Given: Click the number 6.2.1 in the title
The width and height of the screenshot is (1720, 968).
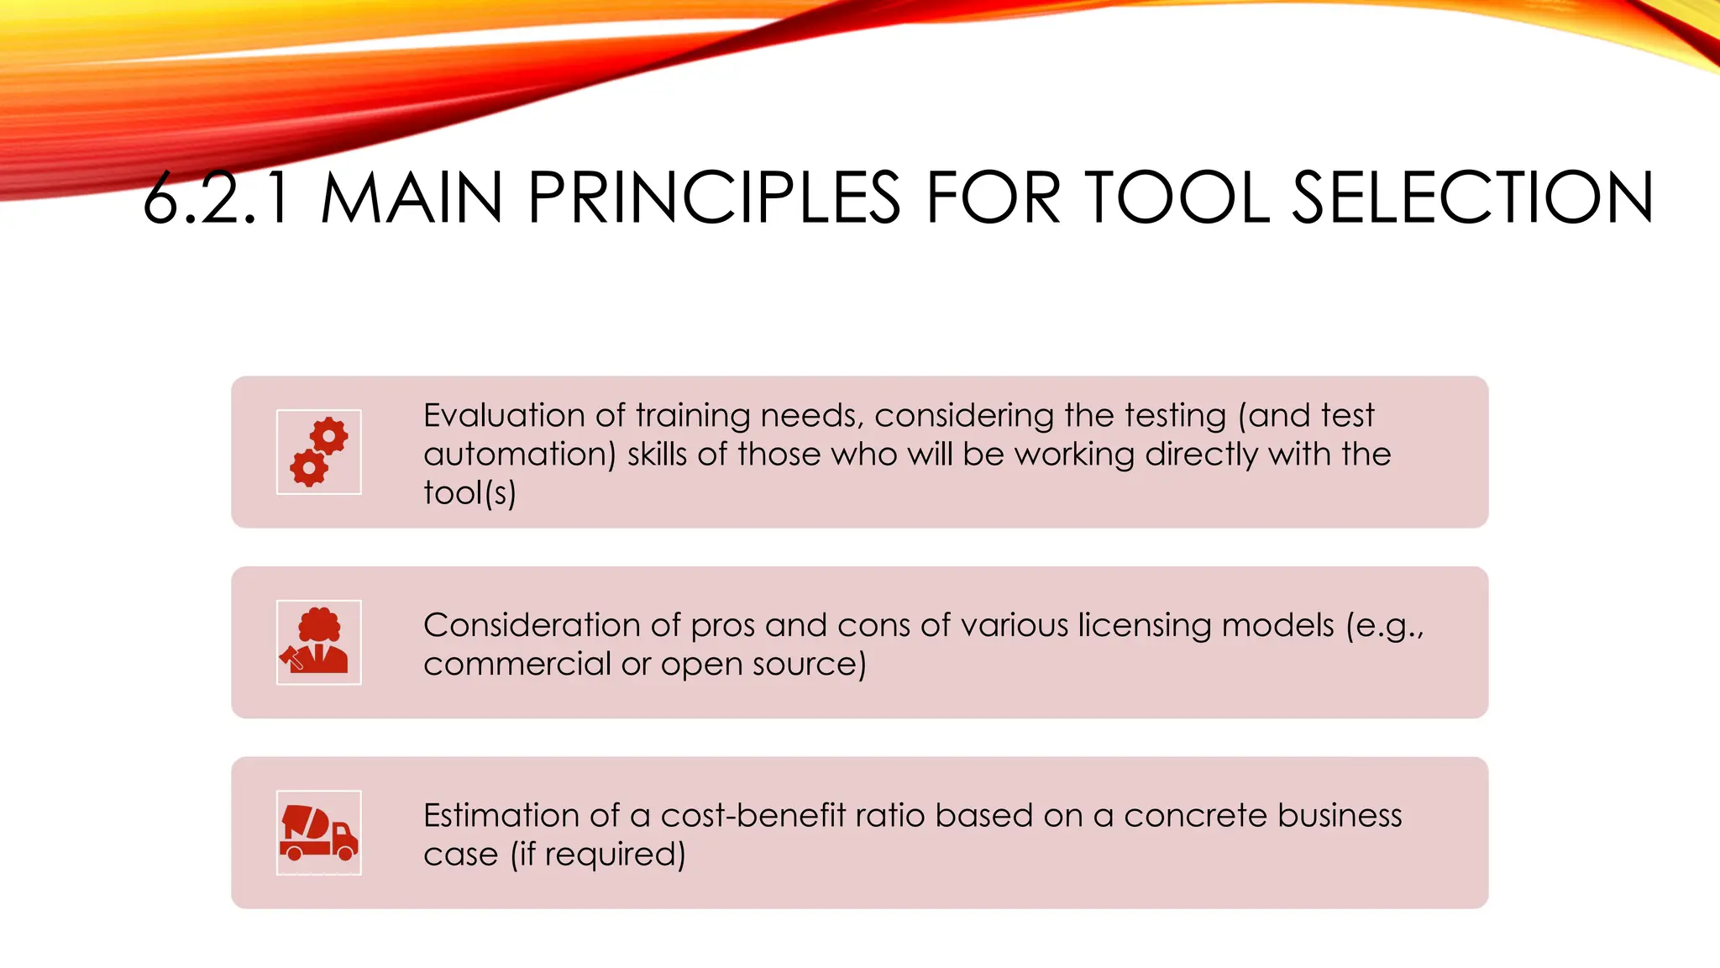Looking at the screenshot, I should [x=217, y=198].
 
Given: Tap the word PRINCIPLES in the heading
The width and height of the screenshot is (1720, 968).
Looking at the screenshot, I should [x=714, y=198].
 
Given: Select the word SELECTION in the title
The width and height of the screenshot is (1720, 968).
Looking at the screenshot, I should [x=1472, y=198].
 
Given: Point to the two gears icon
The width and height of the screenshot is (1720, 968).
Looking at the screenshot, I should [x=318, y=452].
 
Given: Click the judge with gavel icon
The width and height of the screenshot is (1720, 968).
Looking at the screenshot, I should [x=318, y=642].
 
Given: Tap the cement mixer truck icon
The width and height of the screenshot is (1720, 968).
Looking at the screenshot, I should [x=318, y=832].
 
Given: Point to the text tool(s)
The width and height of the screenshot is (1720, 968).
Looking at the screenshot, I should [x=469, y=493].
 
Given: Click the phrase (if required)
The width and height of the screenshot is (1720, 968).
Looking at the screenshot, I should [x=598, y=855].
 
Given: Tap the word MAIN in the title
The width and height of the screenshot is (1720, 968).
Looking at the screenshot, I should [x=412, y=198].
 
